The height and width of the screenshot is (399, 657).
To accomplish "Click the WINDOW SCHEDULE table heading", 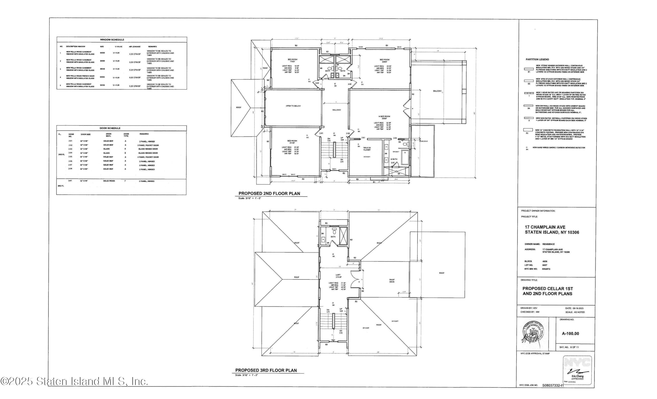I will coord(112,40).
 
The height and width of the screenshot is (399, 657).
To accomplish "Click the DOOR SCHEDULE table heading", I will coord(110,128).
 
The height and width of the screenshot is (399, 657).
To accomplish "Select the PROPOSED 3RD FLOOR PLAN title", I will coord(266,370).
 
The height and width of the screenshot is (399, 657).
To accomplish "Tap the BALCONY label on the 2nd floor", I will coord(437,91).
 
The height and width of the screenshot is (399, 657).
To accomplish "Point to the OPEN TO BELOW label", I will coord(293,106).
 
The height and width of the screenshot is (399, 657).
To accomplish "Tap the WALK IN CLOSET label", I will coord(367,149).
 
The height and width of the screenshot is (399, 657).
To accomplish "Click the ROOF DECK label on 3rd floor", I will coord(392,281).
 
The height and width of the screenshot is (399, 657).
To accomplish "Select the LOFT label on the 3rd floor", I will coord(338,275).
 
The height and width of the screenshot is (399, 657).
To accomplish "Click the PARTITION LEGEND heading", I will coord(537,59).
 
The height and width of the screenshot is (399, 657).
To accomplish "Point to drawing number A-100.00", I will coord(570,333).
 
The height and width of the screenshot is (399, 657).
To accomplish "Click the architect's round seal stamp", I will coord(533,334).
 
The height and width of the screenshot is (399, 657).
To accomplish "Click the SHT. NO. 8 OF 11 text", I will coord(569,347).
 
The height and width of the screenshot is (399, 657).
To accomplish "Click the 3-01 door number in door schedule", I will coord(70,181).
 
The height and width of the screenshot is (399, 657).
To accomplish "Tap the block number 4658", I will coord(545,261).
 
